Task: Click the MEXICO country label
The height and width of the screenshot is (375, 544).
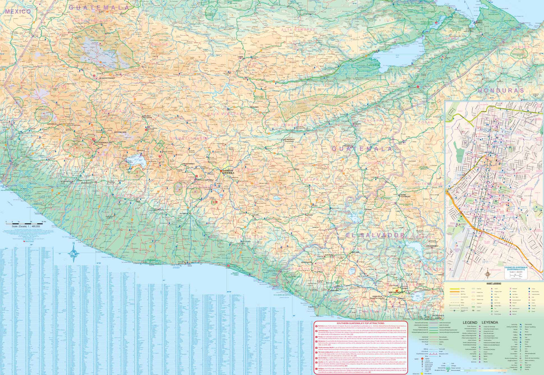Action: pos(18,12)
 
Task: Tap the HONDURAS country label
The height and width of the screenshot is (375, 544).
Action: pos(501,90)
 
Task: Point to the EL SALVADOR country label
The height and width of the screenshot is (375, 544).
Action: pos(375,235)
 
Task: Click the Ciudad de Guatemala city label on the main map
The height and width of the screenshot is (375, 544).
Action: pos(228,172)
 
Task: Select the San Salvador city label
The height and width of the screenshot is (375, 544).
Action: pos(396,292)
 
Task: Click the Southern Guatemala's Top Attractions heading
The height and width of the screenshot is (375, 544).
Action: pos(360,323)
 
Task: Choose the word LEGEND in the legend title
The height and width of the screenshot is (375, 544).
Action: pos(470,323)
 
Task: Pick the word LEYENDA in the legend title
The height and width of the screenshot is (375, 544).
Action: pos(490,323)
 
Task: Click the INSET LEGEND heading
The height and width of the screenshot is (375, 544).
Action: pos(494,283)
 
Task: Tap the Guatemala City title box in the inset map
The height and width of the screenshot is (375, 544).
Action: pos(516,269)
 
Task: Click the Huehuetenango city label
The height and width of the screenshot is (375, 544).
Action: pos(108,78)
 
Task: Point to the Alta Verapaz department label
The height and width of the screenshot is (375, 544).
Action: pos(299,29)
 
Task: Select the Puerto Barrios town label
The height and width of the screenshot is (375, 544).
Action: pos(479,22)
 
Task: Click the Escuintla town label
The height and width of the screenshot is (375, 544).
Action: pos(184,214)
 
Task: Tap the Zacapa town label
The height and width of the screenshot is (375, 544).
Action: pos(358,124)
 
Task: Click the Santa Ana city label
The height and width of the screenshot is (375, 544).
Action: pos(354,252)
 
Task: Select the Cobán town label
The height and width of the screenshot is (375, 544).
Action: pos(240,57)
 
